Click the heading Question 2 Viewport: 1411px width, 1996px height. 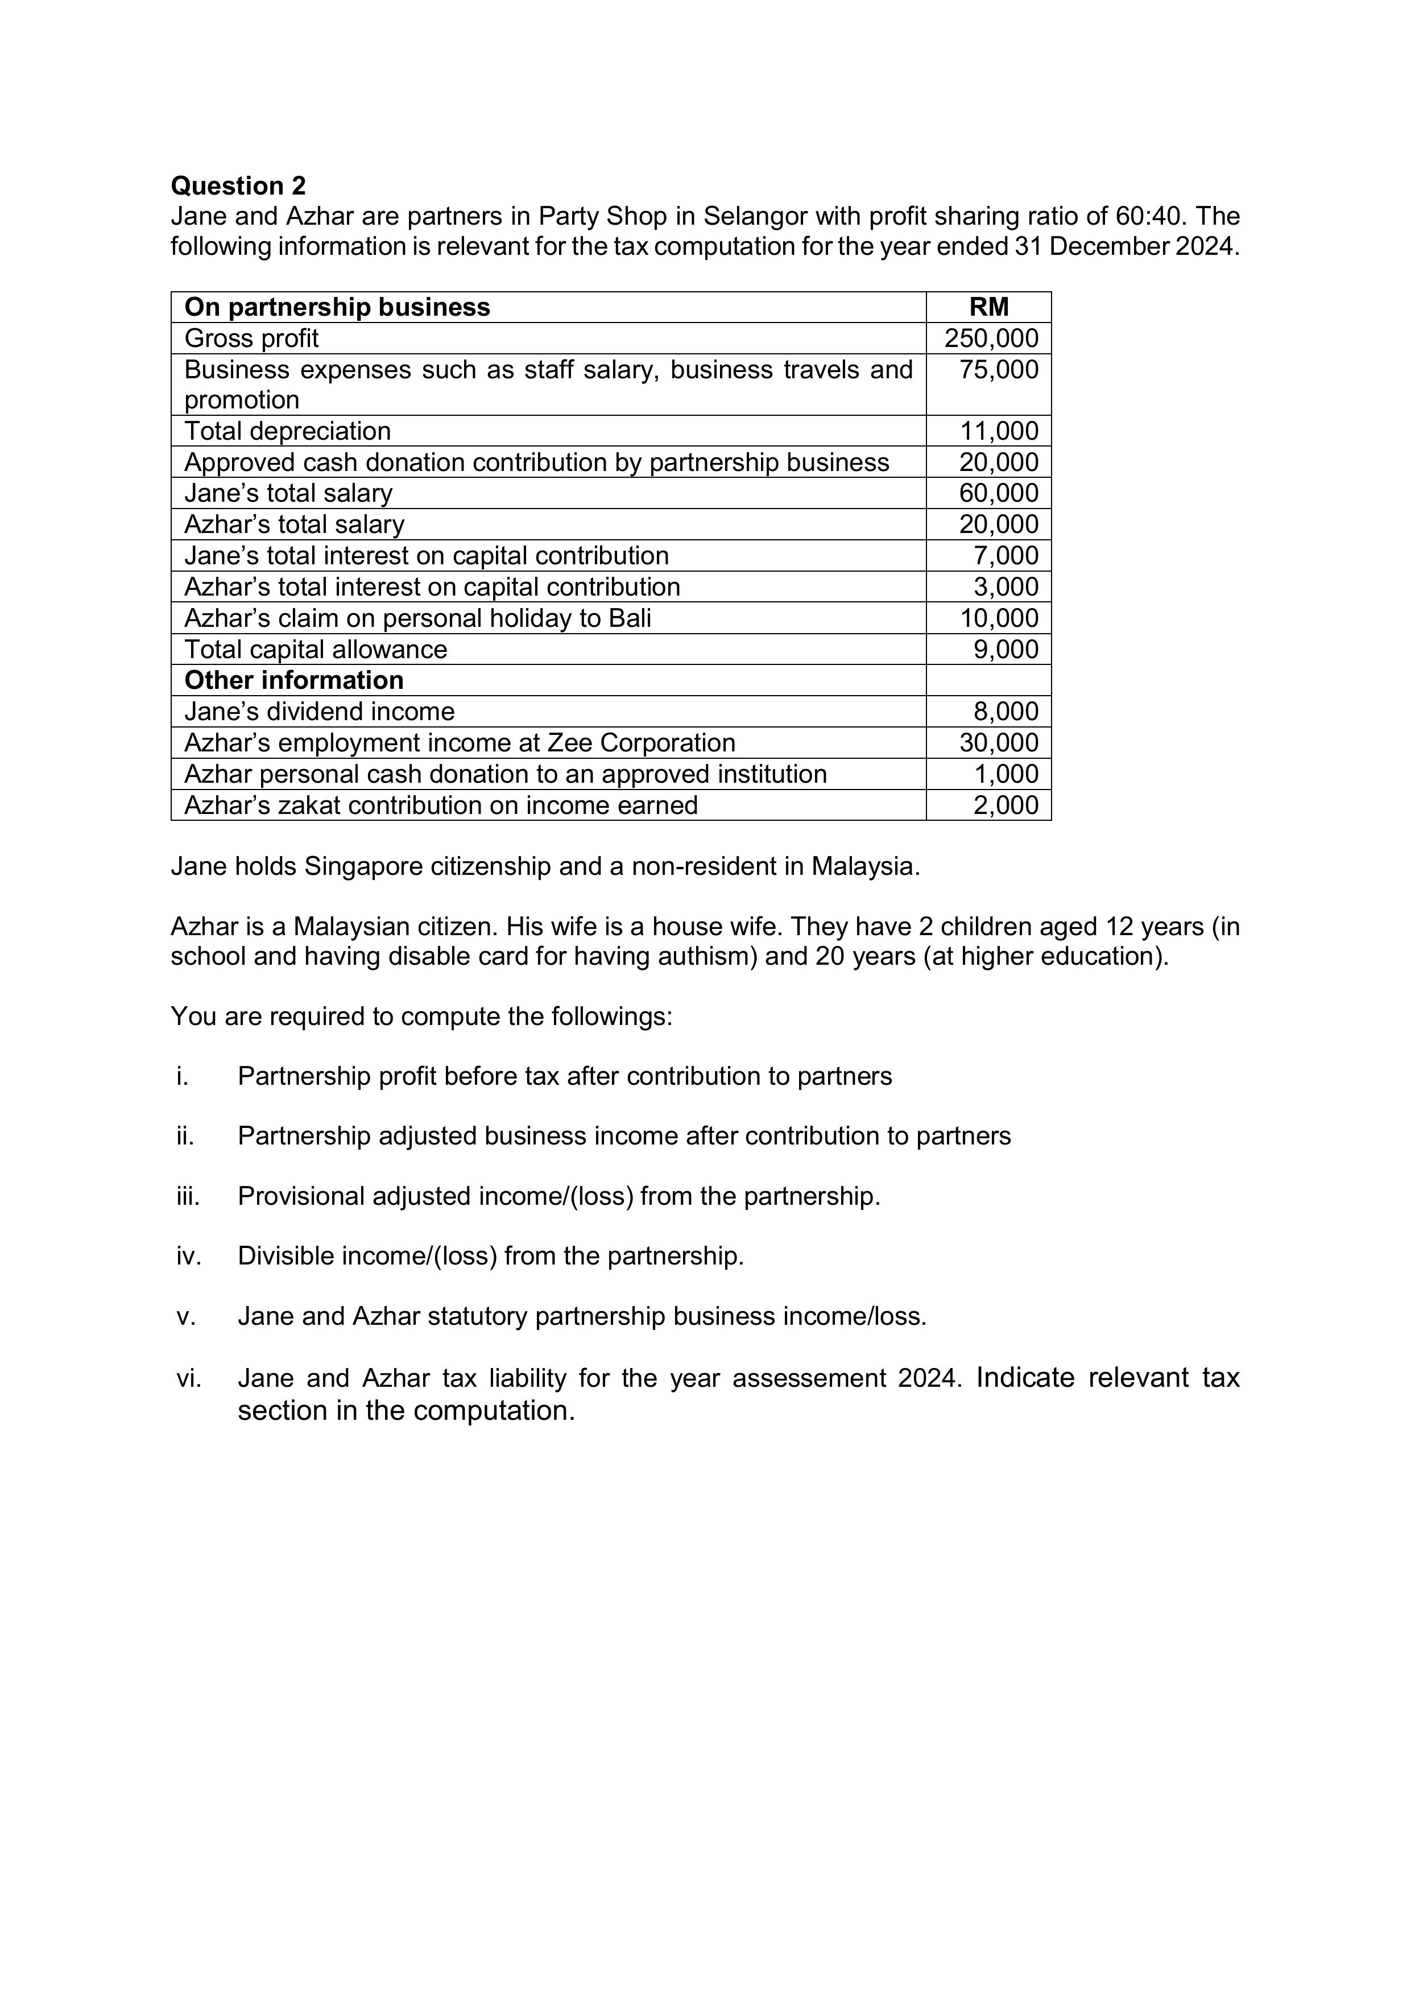(x=238, y=186)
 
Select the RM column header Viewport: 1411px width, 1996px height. (x=988, y=307)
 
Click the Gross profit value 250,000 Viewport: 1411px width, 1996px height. (x=991, y=338)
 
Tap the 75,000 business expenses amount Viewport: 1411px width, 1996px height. (x=998, y=370)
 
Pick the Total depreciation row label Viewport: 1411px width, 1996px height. (x=288, y=431)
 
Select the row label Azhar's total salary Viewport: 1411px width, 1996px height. (x=294, y=524)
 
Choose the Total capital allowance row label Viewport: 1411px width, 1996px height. (x=316, y=650)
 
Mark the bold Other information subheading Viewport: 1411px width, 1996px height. (x=294, y=680)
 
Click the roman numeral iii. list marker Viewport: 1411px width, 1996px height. (x=188, y=1196)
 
